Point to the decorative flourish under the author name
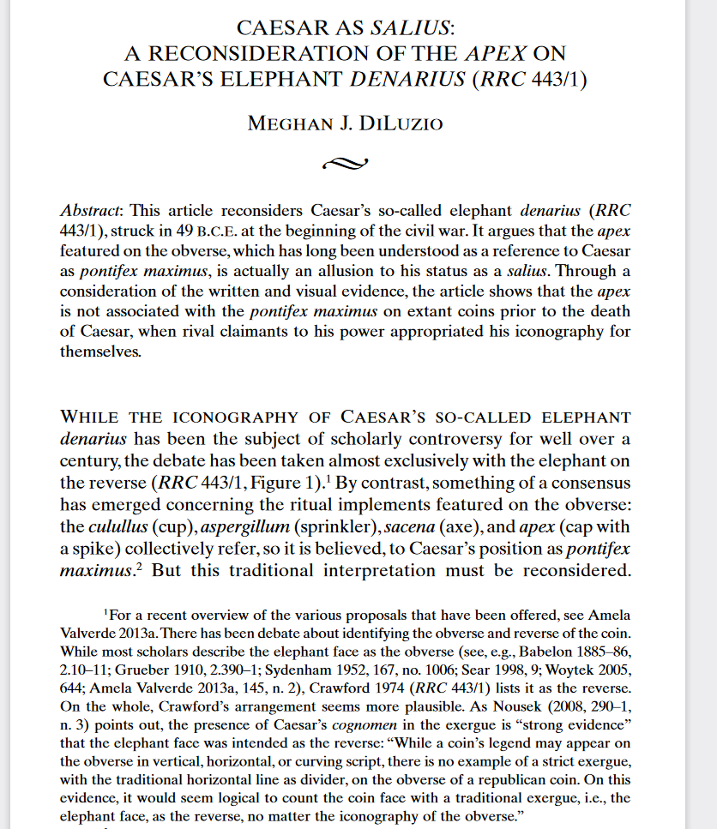[345, 161]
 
